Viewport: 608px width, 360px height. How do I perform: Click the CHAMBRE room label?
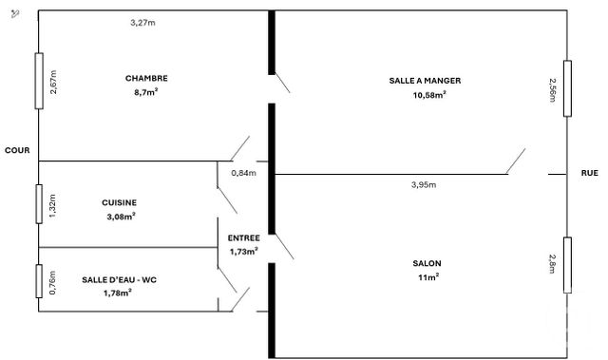pyautogui.click(x=145, y=78)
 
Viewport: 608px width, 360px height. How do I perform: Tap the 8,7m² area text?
pyautogui.click(x=145, y=92)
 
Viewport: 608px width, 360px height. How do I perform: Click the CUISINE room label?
pyautogui.click(x=120, y=202)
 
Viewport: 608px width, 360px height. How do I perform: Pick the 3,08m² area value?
pyautogui.click(x=120, y=216)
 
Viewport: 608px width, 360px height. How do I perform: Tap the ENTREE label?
pyautogui.click(x=244, y=237)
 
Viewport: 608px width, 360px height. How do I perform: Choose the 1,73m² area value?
pyautogui.click(x=244, y=251)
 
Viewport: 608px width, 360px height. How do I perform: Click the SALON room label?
pyautogui.click(x=427, y=263)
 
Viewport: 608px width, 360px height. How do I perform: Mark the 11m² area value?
pyautogui.click(x=427, y=276)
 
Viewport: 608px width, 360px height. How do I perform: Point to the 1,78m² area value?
pyautogui.click(x=117, y=293)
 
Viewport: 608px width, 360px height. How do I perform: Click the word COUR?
pyautogui.click(x=16, y=150)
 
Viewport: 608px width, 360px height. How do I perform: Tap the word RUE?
pyautogui.click(x=589, y=173)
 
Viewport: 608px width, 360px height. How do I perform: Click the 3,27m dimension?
pyautogui.click(x=142, y=22)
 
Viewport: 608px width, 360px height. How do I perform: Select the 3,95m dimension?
pyautogui.click(x=424, y=184)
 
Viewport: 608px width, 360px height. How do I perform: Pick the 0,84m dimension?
pyautogui.click(x=244, y=173)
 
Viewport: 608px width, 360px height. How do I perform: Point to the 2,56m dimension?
pyautogui.click(x=552, y=91)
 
